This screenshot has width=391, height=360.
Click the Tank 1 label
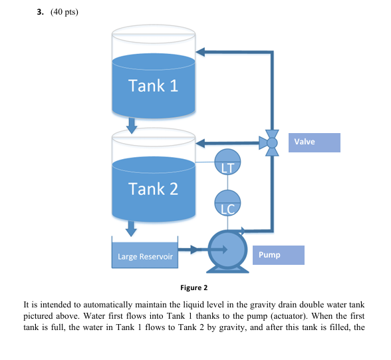coord(154,86)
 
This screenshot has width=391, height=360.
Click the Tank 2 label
coord(154,189)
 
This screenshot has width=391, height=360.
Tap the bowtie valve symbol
coord(271,142)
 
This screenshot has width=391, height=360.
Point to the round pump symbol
coord(227,250)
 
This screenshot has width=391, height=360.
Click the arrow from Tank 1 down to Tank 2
coord(132,124)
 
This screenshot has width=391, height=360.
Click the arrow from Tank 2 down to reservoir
coord(132,228)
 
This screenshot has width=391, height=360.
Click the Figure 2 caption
coord(194,288)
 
